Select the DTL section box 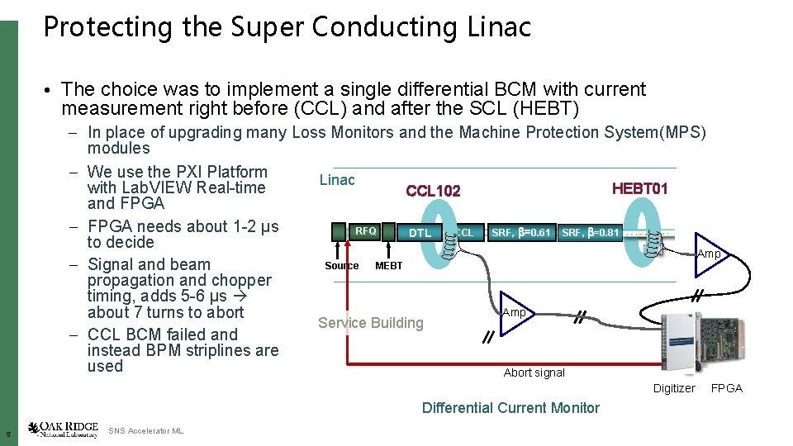pos(420,233)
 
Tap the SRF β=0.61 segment pos(520,233)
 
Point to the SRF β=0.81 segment pos(590,233)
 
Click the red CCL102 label pos(433,192)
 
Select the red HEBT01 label pos(639,189)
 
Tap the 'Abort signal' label pos(534,372)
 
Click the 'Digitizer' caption pos(674,388)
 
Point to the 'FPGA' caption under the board pos(727,388)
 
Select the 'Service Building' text pos(370,323)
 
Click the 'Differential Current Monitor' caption pos(510,407)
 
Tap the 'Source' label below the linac pos(341,266)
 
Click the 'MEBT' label pos(388,266)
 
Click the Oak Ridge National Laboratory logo pos(63,430)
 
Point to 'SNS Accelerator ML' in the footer pos(145,431)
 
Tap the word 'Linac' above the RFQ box pos(337,180)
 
